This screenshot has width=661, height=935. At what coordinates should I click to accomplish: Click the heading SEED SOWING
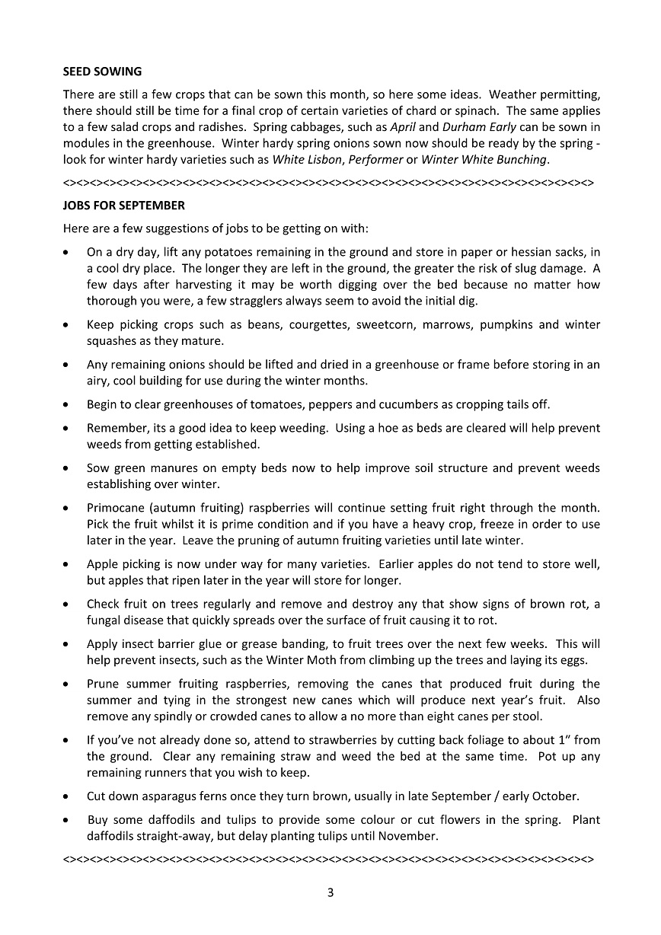(x=102, y=72)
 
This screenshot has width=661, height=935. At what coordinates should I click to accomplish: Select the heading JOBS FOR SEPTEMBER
(x=123, y=206)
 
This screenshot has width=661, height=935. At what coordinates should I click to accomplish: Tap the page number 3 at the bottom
(x=330, y=893)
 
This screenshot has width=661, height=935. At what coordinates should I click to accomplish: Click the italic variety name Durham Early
(x=480, y=127)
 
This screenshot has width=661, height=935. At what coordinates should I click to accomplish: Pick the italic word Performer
(x=375, y=160)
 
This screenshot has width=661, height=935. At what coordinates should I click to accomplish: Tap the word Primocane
(x=115, y=507)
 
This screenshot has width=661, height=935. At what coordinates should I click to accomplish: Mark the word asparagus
(x=169, y=796)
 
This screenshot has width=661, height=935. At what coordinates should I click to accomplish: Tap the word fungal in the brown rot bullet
(x=104, y=620)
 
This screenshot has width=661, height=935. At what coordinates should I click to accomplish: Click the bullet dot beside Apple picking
(x=69, y=564)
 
